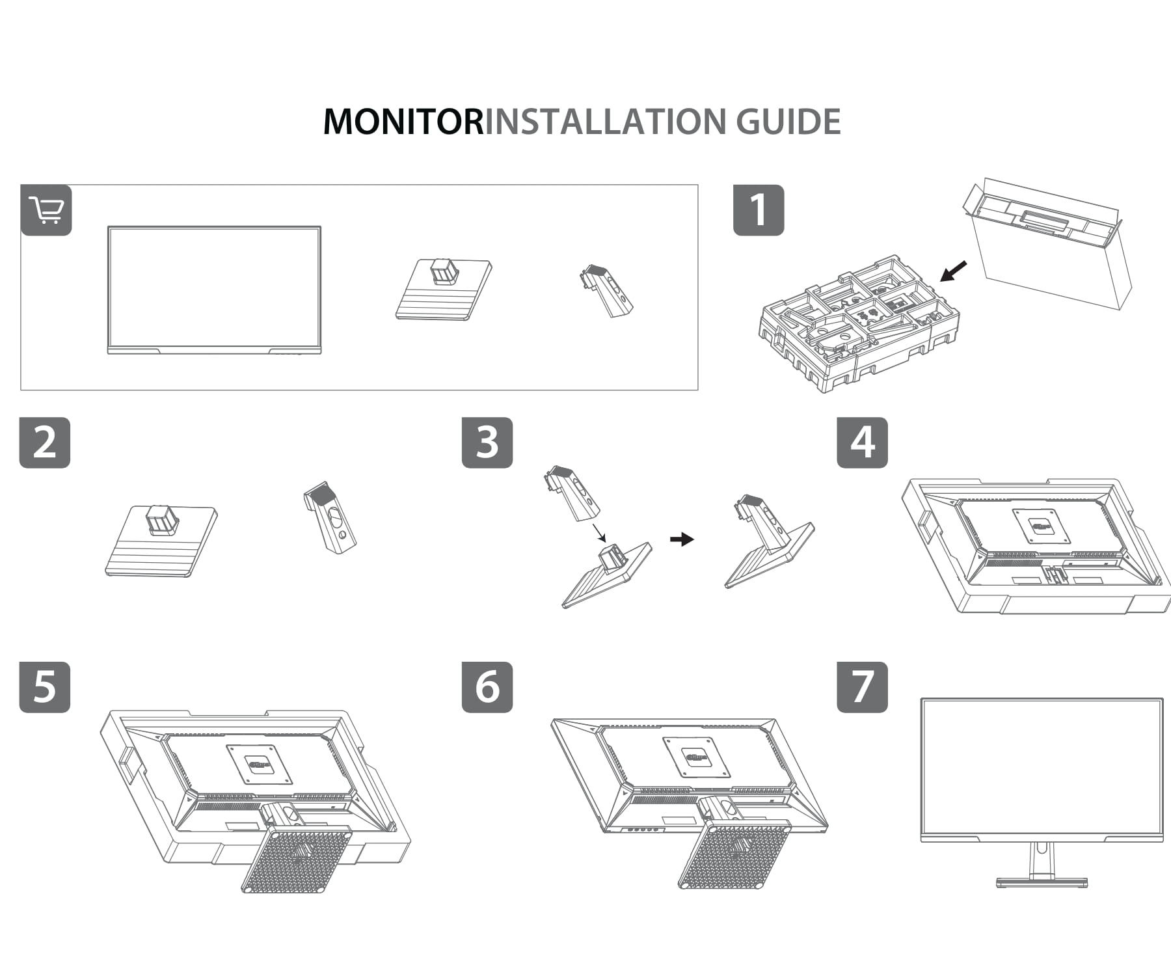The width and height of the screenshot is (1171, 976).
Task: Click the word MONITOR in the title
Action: pos(403,122)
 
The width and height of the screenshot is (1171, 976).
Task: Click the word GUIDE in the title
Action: pos(788,122)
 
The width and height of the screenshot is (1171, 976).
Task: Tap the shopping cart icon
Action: pos(46,210)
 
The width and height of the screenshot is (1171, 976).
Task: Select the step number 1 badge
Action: pos(758,210)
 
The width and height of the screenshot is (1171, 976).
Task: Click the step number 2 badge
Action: pos(44,442)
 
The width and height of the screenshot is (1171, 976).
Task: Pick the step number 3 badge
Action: pos(487,442)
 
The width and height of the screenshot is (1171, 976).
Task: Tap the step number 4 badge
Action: pos(862,442)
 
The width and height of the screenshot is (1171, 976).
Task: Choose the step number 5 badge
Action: pos(44,687)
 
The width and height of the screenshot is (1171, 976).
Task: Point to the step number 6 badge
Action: pos(487,687)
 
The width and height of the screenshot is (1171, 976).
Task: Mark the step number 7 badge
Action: pos(862,687)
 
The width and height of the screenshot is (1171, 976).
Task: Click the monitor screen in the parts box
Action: pos(214,288)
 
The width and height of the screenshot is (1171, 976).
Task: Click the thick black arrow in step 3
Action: pos(682,539)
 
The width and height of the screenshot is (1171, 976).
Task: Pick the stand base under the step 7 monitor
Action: pos(1042,882)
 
